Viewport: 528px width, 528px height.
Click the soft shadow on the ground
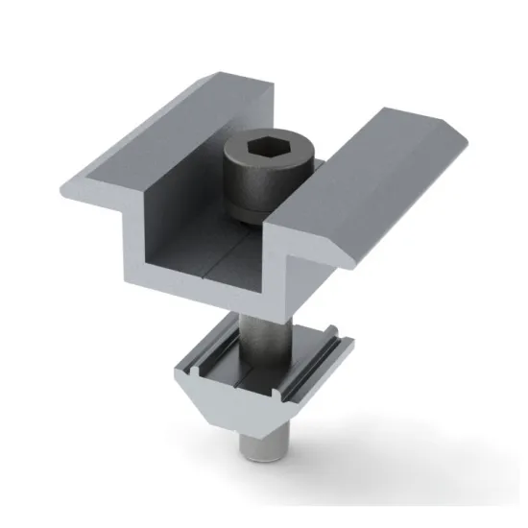pos(365,432)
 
